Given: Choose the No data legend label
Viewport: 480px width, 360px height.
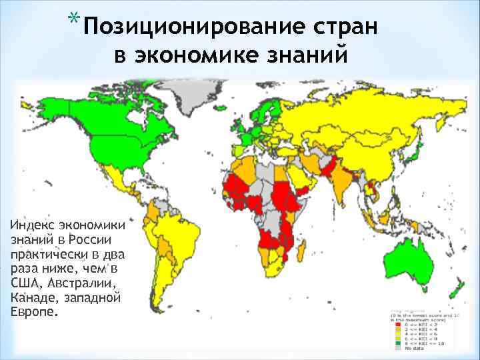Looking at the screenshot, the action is click(409, 347).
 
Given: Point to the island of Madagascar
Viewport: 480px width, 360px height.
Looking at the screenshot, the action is click(304, 250).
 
